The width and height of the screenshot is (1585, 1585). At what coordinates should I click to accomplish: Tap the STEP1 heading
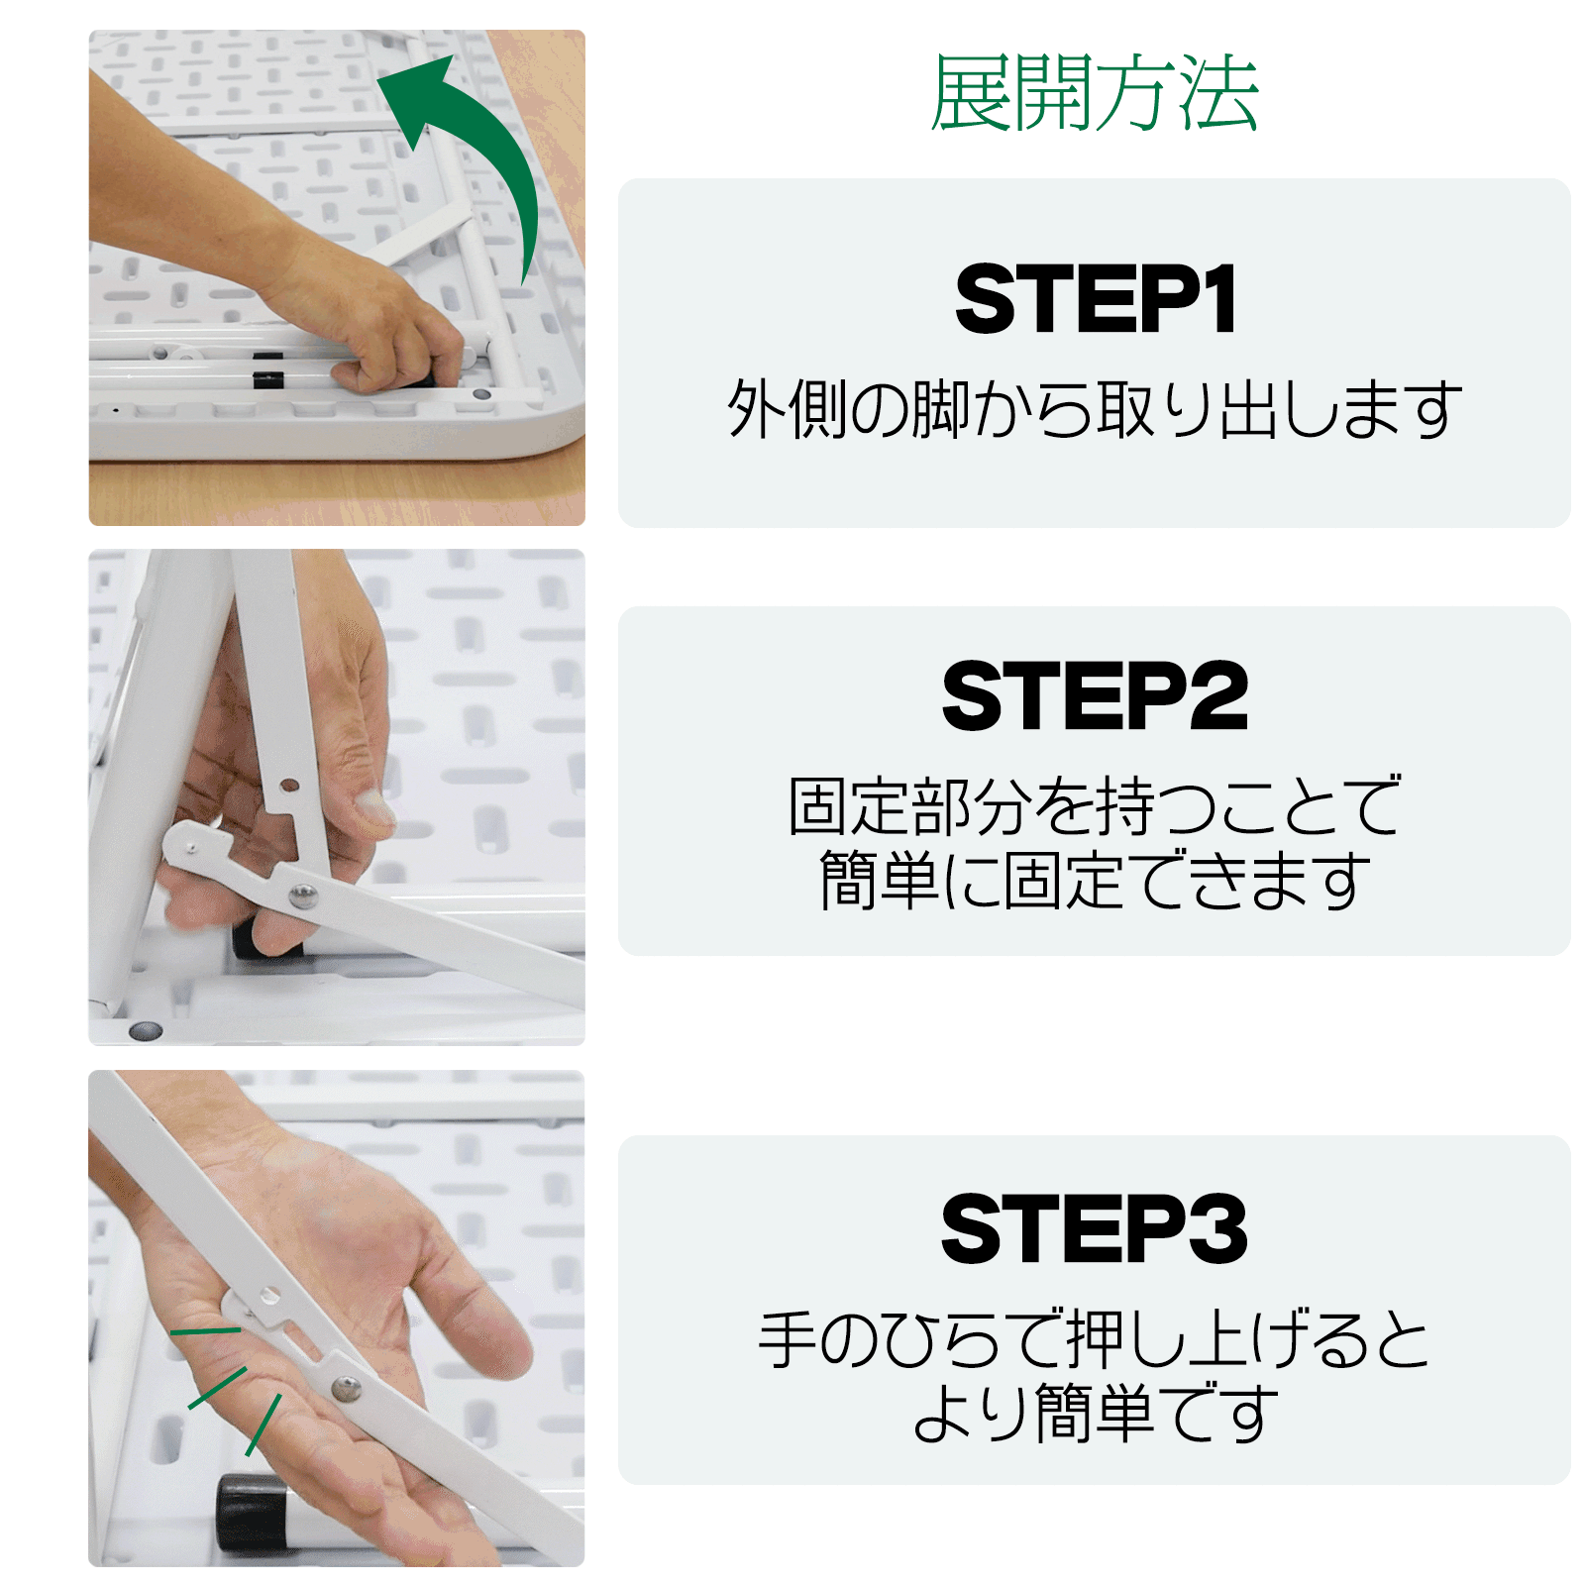pyautogui.click(x=1096, y=300)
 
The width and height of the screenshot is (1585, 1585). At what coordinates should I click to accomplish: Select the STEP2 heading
pyautogui.click(x=1095, y=696)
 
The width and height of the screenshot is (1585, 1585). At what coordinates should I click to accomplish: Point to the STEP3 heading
pyautogui.click(x=1094, y=1228)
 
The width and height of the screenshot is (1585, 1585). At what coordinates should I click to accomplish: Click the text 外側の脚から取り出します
pyautogui.click(x=1095, y=408)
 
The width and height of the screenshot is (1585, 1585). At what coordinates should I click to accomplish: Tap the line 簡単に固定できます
pyautogui.click(x=1095, y=880)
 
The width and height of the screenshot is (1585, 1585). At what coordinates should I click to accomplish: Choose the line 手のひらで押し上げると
pyautogui.click(x=1095, y=1338)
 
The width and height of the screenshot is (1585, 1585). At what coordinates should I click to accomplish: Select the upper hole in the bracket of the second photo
pyautogui.click(x=289, y=786)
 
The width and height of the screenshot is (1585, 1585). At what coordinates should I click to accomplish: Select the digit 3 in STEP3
pyautogui.click(x=1217, y=1228)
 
